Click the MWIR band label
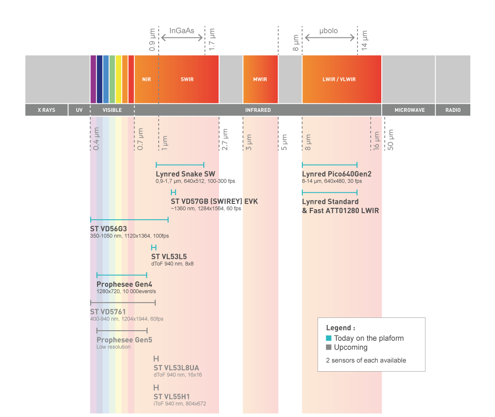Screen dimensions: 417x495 pos(260,80)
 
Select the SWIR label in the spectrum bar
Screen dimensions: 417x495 pos(187,80)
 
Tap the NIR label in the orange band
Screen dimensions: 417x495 pos(146,80)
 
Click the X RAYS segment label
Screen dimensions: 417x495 pos(46,110)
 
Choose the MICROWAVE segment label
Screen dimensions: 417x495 pos(409,110)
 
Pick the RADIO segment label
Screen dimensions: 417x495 pos(452,110)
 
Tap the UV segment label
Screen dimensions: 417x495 pos(79,110)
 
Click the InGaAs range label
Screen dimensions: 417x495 pos(182,31)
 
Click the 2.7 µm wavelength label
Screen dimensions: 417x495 pos(225,140)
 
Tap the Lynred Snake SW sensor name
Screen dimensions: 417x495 pos(186,174)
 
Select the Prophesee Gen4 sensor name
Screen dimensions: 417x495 pos(124,284)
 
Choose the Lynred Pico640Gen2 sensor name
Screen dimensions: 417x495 pos(337,174)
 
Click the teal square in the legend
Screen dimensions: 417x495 pos(328,338)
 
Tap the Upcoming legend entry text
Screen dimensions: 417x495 pos(350,347)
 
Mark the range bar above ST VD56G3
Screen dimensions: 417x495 pos(129,219)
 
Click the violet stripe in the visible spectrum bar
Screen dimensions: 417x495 pos(93,79)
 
